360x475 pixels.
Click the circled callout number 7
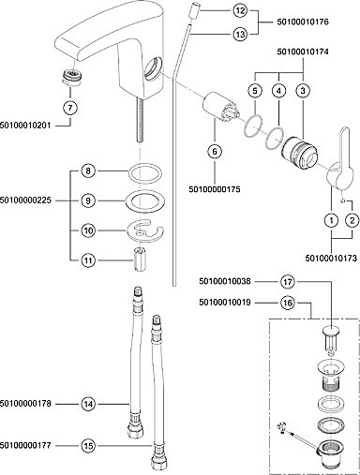[x=70, y=108]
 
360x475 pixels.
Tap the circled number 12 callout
[x=240, y=11]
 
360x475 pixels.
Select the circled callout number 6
[x=215, y=152]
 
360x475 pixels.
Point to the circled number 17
[x=288, y=282]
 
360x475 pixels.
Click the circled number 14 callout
[x=88, y=404]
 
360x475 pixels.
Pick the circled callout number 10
[x=88, y=230]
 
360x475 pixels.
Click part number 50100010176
[x=303, y=22]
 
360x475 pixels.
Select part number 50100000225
[x=25, y=200]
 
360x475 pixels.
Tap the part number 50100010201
[x=25, y=126]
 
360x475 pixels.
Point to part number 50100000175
[x=215, y=189]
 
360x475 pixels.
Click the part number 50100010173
[x=331, y=259]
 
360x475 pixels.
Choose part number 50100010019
[x=225, y=303]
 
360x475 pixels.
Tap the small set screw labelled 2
[x=343, y=200]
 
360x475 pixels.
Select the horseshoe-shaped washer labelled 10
[x=145, y=231]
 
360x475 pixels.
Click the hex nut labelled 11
[x=139, y=260]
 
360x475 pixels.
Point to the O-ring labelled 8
[x=145, y=172]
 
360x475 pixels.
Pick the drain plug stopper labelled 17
[x=331, y=340]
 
